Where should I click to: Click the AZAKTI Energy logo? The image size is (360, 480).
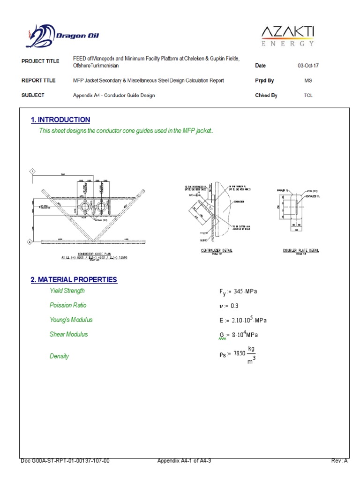(x=287, y=36)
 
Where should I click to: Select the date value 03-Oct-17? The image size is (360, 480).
(x=307, y=66)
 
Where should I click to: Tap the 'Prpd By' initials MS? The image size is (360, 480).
(x=307, y=81)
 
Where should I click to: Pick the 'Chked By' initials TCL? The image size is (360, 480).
(x=307, y=95)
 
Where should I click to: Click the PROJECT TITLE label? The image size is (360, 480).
(x=40, y=61)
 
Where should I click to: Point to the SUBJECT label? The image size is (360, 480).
(x=33, y=95)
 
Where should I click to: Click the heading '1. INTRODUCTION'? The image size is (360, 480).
(x=60, y=120)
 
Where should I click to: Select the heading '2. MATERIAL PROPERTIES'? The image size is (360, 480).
(x=74, y=280)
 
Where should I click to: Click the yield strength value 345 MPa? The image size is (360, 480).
(x=239, y=292)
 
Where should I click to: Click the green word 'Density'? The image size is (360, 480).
(x=59, y=356)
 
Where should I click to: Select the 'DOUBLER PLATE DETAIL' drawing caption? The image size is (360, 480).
(x=300, y=251)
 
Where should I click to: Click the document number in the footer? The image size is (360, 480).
(x=66, y=461)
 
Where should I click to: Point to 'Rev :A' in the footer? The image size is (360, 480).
(x=339, y=461)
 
